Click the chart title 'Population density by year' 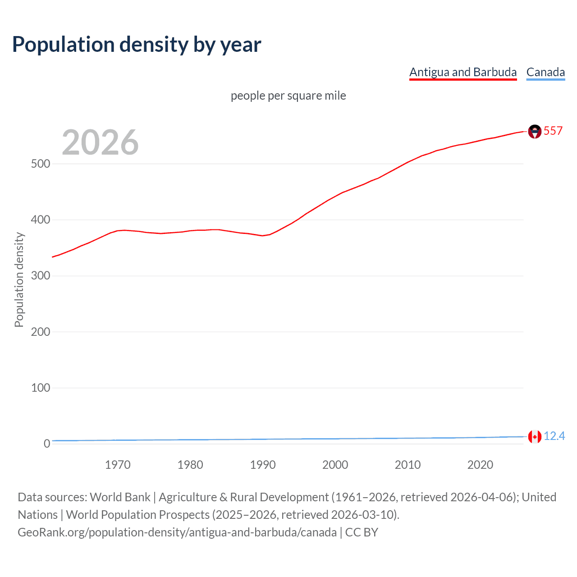137,44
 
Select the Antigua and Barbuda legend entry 463,72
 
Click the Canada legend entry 545,72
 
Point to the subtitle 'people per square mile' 288,96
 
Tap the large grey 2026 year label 100,142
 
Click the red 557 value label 553,131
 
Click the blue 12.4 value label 554,436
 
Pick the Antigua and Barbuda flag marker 535,132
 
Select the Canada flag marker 535,437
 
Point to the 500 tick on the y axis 41,164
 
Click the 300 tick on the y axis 41,275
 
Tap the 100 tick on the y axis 41,388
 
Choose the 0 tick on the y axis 47,444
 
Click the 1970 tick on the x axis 118,465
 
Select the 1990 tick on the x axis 263,465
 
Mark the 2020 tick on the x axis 480,465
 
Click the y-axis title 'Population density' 19,279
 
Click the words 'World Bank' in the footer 120,497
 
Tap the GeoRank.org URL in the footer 177,532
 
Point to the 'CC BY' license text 362,532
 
